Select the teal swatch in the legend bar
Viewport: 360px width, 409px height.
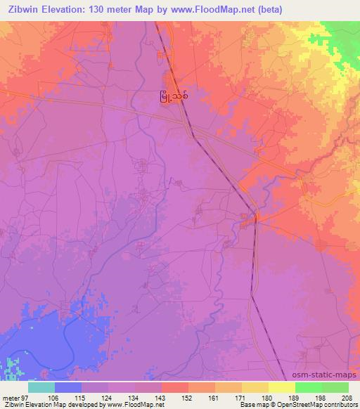41,387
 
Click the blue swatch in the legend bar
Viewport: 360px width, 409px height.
67,387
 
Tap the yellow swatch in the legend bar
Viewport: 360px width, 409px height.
281,387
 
